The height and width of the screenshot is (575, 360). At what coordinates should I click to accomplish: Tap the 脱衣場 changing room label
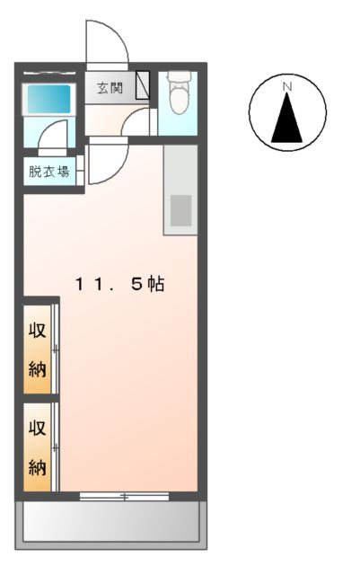[x=49, y=172]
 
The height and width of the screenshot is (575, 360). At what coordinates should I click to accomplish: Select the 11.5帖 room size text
[x=119, y=284]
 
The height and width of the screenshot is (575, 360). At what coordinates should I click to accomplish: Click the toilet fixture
[x=178, y=96]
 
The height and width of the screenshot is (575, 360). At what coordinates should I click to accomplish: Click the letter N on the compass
[x=287, y=86]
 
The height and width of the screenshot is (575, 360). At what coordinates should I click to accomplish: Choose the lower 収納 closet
[x=38, y=447]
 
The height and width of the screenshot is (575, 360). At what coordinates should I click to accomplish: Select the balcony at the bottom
[x=110, y=520]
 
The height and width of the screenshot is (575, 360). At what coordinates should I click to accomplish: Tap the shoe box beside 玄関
[x=143, y=86]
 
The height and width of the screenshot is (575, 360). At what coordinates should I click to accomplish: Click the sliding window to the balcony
[x=124, y=496]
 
